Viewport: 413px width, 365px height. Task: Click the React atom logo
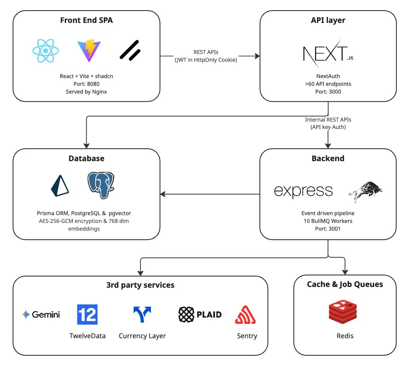[x=46, y=50]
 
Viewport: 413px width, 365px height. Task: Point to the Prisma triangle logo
[x=60, y=185]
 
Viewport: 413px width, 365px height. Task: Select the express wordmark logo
[x=303, y=191]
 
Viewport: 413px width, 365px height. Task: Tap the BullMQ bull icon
[x=365, y=191]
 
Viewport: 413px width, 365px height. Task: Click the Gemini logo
[x=41, y=315]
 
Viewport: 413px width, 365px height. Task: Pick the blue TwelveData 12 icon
[x=87, y=314]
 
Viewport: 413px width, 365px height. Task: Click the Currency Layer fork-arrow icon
[x=142, y=315]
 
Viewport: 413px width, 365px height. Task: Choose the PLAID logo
[x=200, y=315]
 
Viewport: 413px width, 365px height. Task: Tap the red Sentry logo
[x=246, y=315]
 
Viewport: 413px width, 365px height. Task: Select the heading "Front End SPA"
[x=86, y=21]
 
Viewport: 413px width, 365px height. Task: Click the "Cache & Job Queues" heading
[x=345, y=284]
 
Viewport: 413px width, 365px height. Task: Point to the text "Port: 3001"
[x=328, y=229]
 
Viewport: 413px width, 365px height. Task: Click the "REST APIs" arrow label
[x=206, y=52]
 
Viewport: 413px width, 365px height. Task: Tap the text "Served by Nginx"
[x=86, y=92]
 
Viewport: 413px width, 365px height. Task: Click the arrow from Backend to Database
[x=210, y=194]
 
